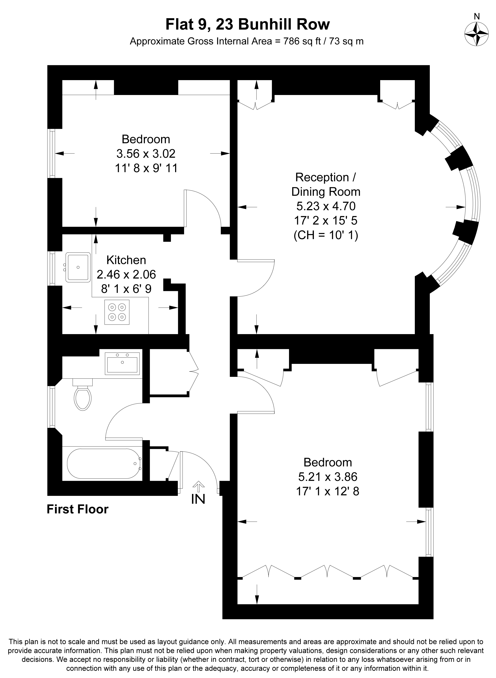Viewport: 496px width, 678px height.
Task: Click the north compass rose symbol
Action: click(476, 34)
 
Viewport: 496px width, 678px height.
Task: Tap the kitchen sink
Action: click(78, 267)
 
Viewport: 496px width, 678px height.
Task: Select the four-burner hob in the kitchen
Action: click(117, 312)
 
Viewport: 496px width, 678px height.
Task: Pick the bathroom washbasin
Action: click(122, 363)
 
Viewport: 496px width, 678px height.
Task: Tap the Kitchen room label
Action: click(126, 260)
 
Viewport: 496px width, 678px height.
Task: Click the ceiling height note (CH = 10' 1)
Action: click(326, 235)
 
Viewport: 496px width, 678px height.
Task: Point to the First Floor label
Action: click(78, 509)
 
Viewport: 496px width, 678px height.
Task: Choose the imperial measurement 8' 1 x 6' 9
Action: click(126, 289)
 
